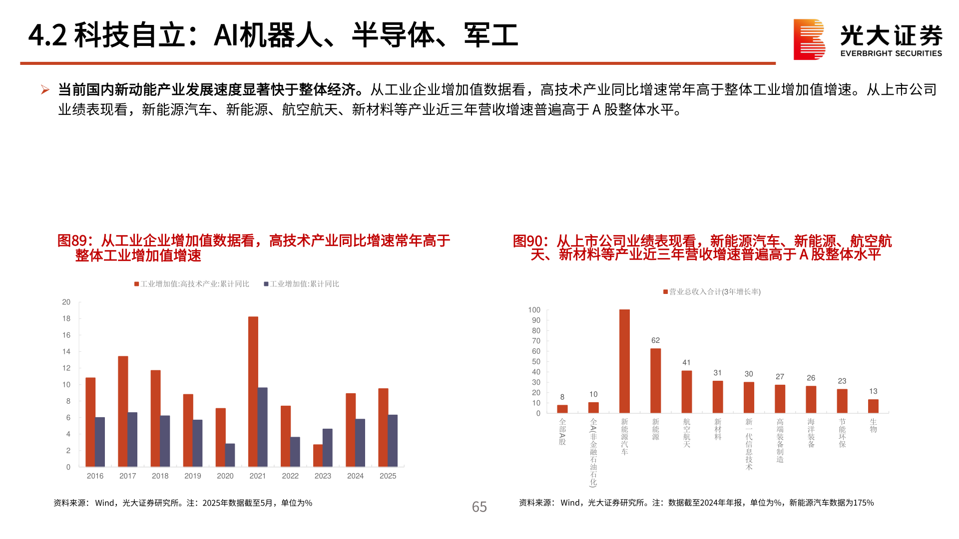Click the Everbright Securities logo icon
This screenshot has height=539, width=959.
809,39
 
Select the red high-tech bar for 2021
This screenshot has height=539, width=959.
253,392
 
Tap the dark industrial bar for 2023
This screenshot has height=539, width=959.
328,448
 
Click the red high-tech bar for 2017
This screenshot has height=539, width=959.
123,412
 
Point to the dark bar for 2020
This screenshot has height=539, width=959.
230,455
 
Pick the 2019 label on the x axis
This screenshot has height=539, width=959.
192,476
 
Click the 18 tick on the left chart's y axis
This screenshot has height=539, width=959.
66,318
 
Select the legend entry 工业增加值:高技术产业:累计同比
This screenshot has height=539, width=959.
192,284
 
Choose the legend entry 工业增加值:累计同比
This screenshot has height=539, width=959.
302,284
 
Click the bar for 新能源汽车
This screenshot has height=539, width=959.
624,361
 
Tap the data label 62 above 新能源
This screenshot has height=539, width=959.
655,340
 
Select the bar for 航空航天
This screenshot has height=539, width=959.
687,392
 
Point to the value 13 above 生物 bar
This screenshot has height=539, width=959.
873,391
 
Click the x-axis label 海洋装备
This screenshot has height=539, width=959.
811,433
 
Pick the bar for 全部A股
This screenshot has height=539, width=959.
562,409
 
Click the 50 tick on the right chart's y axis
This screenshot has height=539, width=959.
536,362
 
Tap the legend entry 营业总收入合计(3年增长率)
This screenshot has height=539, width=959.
712,292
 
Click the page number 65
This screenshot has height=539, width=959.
479,507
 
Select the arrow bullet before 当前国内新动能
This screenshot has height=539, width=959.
45,90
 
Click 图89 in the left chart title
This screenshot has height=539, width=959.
72,241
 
